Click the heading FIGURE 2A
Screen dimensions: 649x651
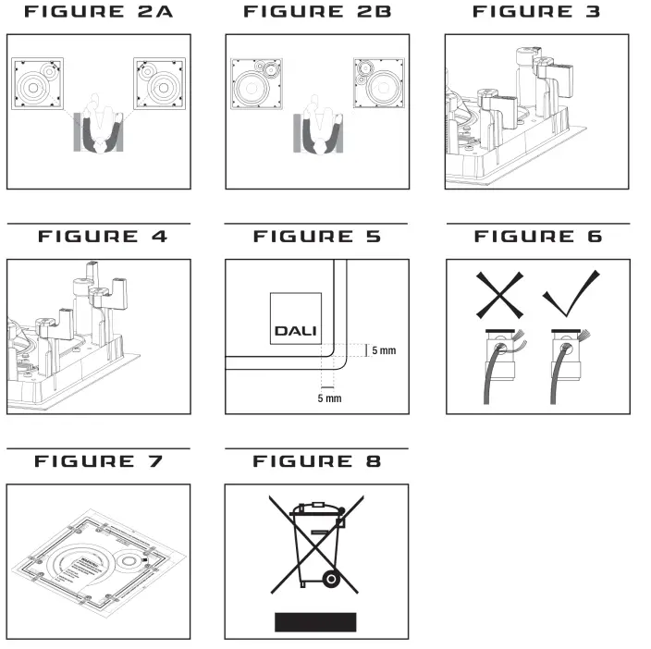tap(98, 12)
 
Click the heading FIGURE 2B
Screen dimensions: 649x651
tap(317, 12)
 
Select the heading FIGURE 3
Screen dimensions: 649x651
tap(536, 12)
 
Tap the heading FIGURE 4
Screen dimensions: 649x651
tap(103, 237)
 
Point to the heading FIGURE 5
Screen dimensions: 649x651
tap(317, 237)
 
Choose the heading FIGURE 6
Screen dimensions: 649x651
tap(537, 237)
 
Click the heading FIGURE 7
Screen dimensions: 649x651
tap(98, 461)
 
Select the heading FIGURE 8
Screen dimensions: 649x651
tap(317, 461)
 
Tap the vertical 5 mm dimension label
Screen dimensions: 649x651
tap(382, 351)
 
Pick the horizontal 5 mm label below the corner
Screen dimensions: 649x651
tap(329, 398)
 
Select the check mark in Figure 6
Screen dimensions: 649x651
tap(570, 295)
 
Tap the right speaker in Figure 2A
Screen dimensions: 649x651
tap(159, 85)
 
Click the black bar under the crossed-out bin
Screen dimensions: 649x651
tap(315, 620)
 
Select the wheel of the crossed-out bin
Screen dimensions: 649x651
tap(329, 580)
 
